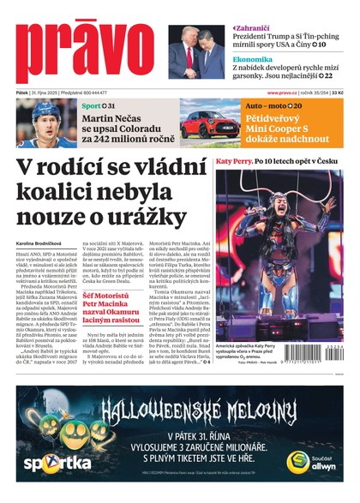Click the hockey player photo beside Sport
[46, 123]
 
